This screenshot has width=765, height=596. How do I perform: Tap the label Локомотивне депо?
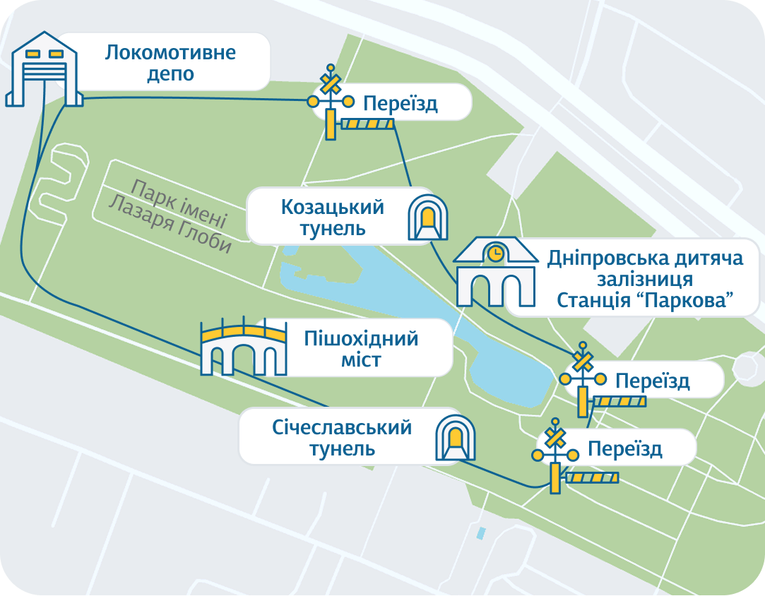[x=170, y=63]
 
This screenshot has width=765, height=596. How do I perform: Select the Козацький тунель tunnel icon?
[x=428, y=216]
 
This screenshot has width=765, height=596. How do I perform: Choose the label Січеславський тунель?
[x=342, y=437]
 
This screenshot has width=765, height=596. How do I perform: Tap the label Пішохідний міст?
[x=361, y=349]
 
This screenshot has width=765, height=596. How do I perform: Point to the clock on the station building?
[x=496, y=252]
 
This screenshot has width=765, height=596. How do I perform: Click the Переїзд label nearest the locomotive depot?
[x=401, y=104]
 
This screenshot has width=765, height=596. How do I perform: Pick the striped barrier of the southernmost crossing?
[x=592, y=478]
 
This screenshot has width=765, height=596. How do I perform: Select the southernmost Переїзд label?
[x=624, y=449]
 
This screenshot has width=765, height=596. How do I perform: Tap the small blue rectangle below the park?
[x=481, y=532]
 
